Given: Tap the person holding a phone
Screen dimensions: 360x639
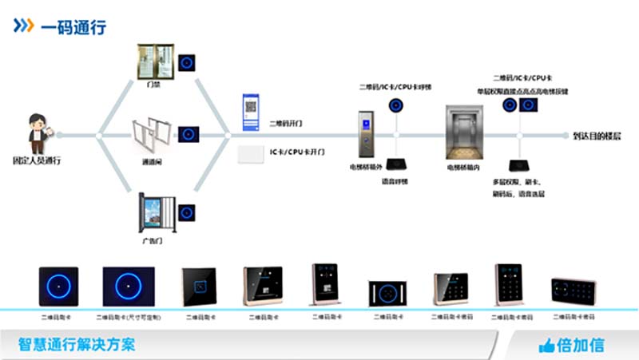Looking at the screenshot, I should tap(38, 133).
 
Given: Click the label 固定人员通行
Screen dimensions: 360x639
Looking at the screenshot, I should tap(37, 160).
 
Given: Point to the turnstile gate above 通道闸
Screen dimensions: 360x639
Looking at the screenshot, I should tap(152, 135).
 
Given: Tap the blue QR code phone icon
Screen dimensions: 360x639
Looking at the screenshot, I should tap(252, 112).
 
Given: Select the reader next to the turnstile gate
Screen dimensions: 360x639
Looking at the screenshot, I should tap(188, 134).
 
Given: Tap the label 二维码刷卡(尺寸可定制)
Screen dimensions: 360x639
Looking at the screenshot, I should tap(128, 317).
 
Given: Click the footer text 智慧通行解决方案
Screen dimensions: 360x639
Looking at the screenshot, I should tap(77, 345).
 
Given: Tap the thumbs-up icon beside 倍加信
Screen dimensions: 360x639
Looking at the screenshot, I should tap(547, 346).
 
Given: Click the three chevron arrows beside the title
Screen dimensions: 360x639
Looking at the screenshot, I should tap(23, 26).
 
